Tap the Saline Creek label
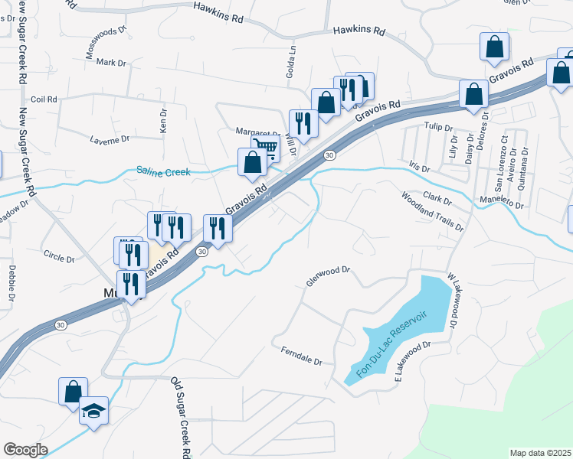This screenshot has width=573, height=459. click(x=163, y=172)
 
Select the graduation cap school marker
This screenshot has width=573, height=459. click(x=93, y=412)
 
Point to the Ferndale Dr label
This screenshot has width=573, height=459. click(x=302, y=355)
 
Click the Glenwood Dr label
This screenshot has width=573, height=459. click(x=328, y=276)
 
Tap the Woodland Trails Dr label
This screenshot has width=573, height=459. click(x=433, y=211)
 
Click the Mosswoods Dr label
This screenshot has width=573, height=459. click(x=106, y=47)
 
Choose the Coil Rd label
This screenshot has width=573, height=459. click(x=44, y=99)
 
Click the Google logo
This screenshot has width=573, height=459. click(x=25, y=450)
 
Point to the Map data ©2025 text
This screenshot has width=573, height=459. click(x=540, y=453)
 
